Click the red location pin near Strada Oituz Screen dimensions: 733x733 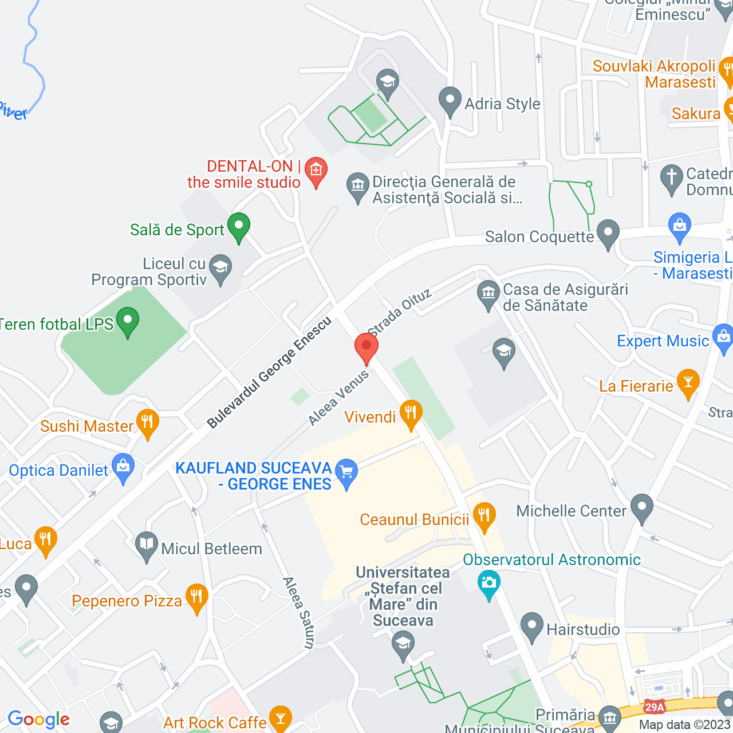pos(366,347)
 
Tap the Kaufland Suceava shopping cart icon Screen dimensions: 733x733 pos(346,473)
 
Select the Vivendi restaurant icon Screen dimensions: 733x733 pos(411,413)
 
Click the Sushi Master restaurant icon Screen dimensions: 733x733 pos(148,423)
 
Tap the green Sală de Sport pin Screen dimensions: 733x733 pos(239,226)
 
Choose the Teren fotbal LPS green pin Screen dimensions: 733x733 pos(128,321)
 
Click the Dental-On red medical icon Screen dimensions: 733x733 pos(316,171)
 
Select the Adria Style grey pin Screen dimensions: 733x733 pos(450,100)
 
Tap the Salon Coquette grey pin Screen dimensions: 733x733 pos(608,233)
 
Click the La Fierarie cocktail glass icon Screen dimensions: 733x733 pos(688,383)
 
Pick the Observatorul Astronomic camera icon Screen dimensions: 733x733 pos(488,583)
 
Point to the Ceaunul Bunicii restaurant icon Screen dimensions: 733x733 pos(484,516)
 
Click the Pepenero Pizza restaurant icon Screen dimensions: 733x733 pos(196,597)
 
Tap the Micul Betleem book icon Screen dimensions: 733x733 pos(147,545)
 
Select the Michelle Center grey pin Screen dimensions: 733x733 pos(642,507)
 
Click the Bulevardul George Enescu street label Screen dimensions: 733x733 pos(269,372)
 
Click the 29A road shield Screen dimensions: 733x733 pos(654,707)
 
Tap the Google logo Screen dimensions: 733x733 pos(38,720)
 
